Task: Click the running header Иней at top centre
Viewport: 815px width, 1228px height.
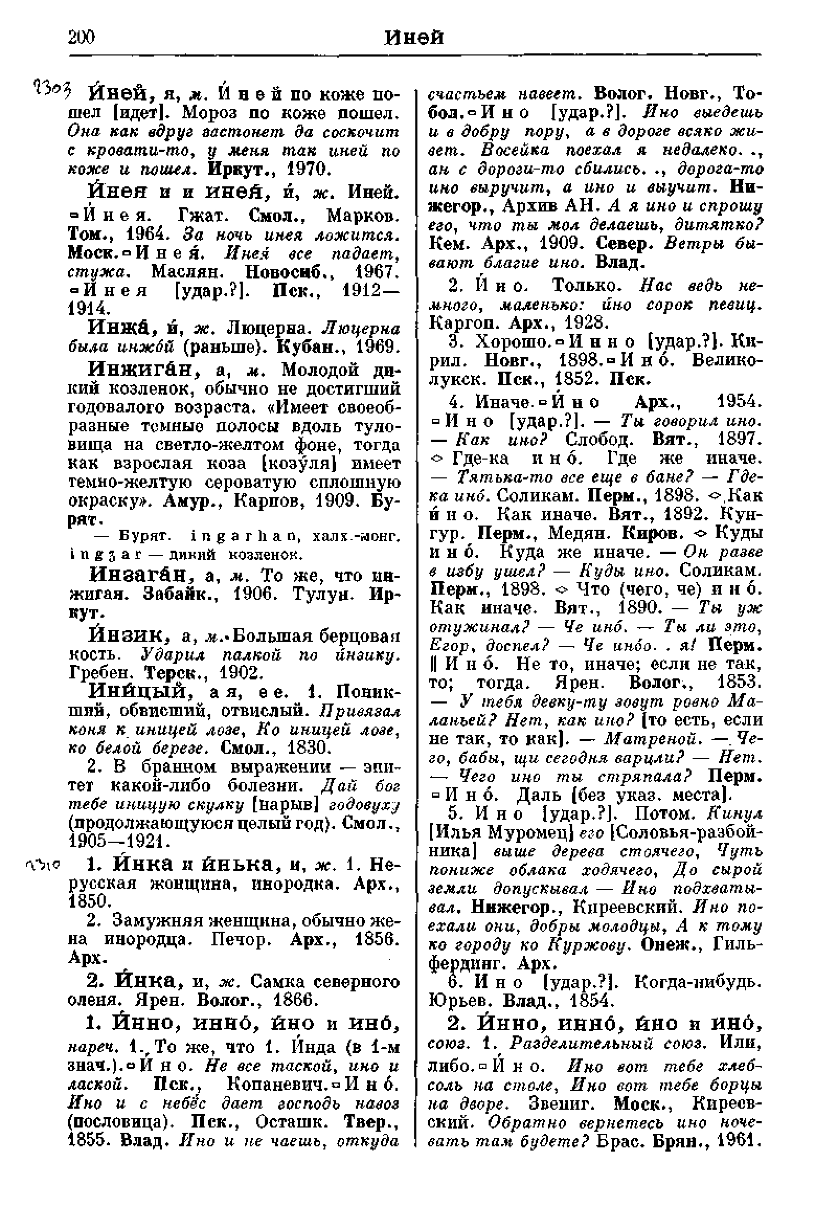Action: pyautogui.click(x=414, y=37)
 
